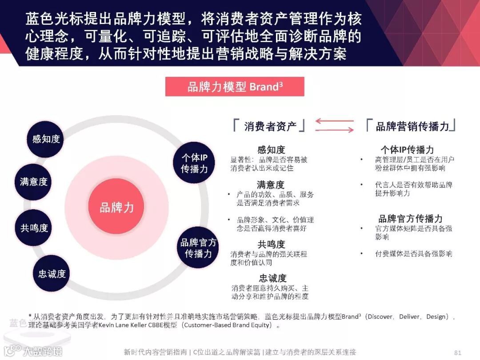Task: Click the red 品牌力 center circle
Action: point(116,207)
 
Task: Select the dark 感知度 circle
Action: point(46,139)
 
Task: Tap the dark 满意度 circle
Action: point(33,182)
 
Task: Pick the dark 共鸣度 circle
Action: point(33,228)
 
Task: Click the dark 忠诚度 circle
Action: point(52,274)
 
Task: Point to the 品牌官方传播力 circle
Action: point(198,248)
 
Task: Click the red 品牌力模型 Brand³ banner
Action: point(235,87)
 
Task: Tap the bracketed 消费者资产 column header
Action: point(270,126)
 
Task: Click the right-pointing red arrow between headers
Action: point(334,130)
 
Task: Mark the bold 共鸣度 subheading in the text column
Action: point(271,244)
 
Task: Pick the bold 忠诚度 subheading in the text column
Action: point(272,278)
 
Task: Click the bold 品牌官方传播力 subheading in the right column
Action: point(410,219)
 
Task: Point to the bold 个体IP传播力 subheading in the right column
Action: point(407,150)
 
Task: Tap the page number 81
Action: point(458,352)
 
